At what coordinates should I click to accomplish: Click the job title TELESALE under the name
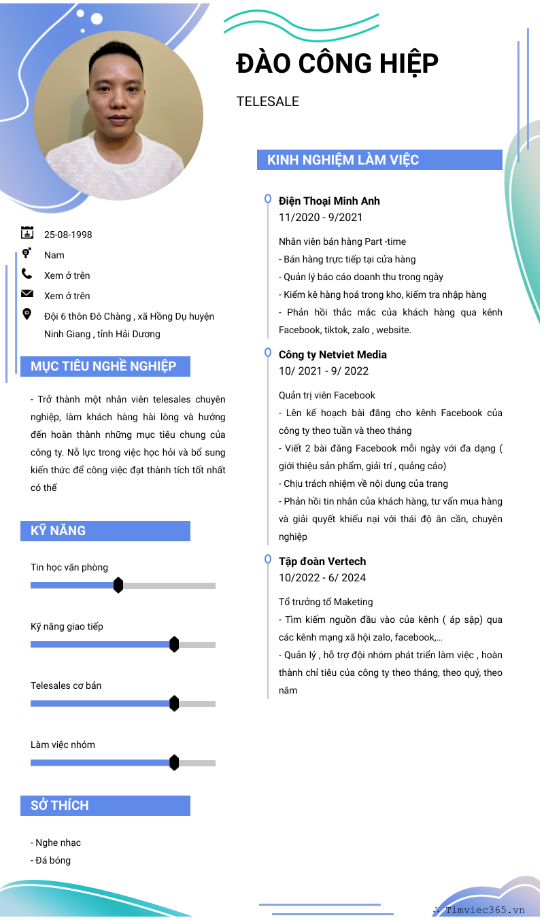268,102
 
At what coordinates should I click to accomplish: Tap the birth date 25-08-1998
68,235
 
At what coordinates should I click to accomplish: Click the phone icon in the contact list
27,274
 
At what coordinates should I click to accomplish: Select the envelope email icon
27,294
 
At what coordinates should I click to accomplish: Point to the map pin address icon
27,313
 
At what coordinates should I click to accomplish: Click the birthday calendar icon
27,233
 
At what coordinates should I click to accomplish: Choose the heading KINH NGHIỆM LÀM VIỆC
343,160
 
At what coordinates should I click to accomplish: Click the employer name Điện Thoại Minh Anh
329,201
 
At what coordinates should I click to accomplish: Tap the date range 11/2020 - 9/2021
321,218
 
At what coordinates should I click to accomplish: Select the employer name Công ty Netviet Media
333,354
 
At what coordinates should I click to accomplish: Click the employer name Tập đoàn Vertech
322,561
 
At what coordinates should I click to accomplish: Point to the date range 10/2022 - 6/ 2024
322,578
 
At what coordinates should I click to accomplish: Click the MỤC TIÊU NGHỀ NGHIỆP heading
103,367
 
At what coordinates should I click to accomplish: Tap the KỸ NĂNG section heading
58,531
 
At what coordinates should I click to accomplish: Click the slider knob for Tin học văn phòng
118,585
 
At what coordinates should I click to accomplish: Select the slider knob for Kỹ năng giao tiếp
174,644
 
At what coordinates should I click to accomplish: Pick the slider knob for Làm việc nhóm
174,762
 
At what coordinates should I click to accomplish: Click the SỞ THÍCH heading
60,806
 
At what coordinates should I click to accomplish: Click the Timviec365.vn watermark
484,910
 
